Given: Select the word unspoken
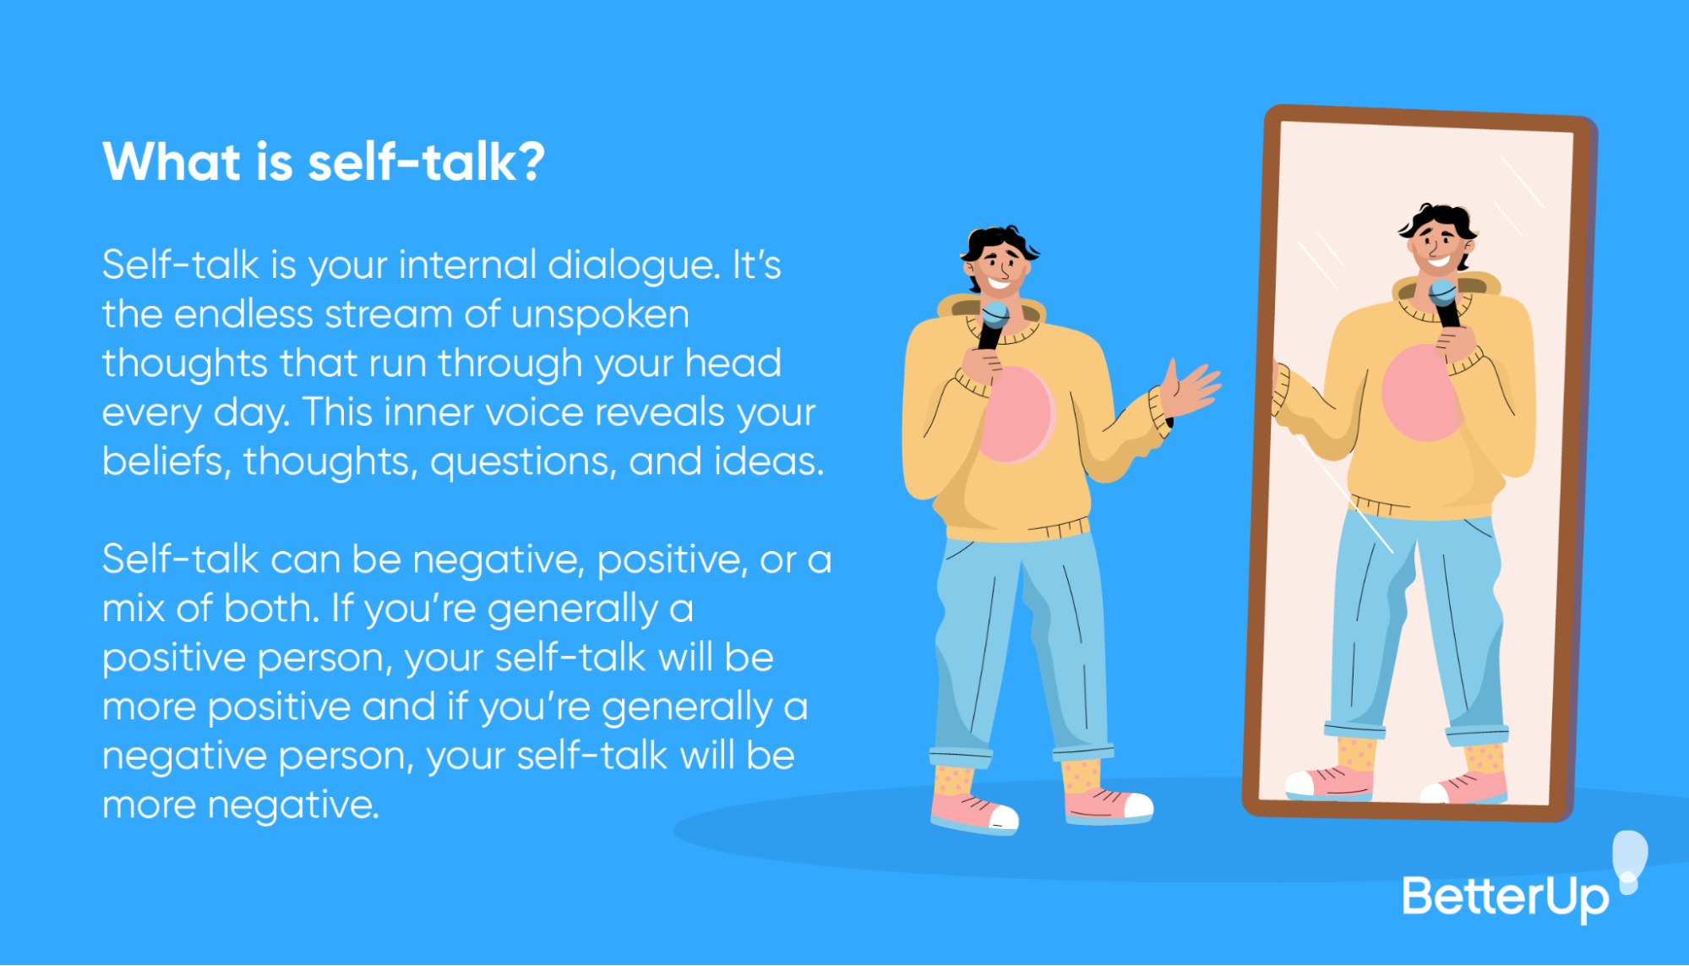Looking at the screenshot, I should click(x=600, y=314).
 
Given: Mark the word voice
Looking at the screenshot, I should click(x=530, y=412).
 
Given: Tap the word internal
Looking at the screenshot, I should click(x=467, y=265).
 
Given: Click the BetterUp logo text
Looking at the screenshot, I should click(x=1505, y=898).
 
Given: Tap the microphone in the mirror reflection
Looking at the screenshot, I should click(x=1444, y=301).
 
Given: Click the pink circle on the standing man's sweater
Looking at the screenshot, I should click(x=1018, y=415).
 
